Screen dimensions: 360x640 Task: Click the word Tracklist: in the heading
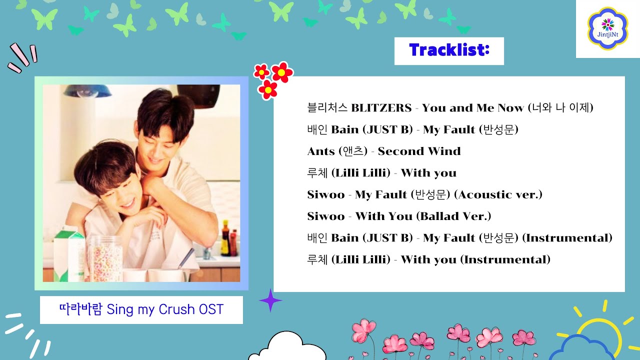pyautogui.click(x=448, y=50)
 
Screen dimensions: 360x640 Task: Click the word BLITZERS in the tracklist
pyautogui.click(x=381, y=108)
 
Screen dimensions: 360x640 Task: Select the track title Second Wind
pyautogui.click(x=419, y=151)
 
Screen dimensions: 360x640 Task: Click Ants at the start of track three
pyautogui.click(x=321, y=151)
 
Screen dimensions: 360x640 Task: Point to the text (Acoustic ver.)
pyautogui.click(x=498, y=194)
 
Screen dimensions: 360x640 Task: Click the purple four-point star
pyautogui.click(x=270, y=300)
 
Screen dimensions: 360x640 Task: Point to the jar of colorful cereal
pyautogui.click(x=105, y=257)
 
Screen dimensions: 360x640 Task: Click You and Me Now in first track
pyautogui.click(x=472, y=108)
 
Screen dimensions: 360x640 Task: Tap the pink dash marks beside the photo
pyautogui.click(x=23, y=57)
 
